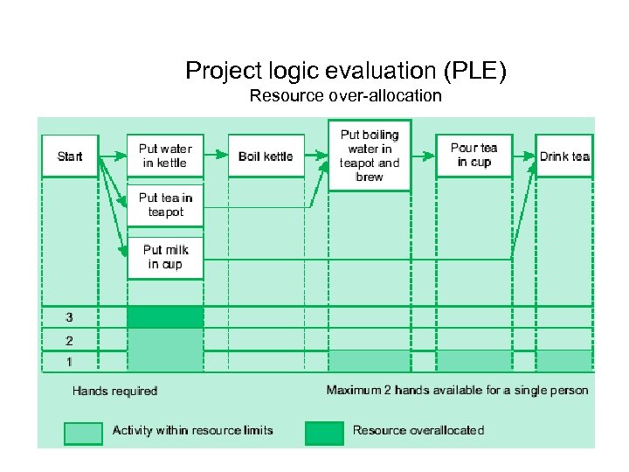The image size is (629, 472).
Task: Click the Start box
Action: point(70,156)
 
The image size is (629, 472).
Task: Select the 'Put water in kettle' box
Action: point(165,156)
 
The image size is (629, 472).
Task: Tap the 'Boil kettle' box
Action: point(266,156)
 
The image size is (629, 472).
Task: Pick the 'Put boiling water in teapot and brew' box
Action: point(370,156)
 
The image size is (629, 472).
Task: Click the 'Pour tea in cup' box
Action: point(473,156)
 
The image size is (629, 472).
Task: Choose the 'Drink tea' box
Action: point(564,156)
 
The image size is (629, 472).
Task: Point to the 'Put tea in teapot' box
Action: point(165,205)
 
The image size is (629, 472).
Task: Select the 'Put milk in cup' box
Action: point(165,257)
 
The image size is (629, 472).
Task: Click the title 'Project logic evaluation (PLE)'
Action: point(345,70)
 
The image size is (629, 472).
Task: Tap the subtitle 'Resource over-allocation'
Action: point(345,95)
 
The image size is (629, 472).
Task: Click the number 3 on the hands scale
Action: point(69,316)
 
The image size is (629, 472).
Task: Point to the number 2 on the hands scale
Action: point(69,340)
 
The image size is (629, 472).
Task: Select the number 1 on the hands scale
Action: point(69,361)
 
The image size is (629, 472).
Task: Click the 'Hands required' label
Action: point(114,391)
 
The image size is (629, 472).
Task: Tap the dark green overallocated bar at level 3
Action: point(165,316)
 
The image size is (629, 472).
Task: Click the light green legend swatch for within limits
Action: point(82,433)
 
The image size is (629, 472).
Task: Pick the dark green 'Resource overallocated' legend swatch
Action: point(324,433)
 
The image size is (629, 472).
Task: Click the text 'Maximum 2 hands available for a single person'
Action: point(457,390)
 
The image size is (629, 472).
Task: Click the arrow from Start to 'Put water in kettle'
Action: point(113,156)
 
